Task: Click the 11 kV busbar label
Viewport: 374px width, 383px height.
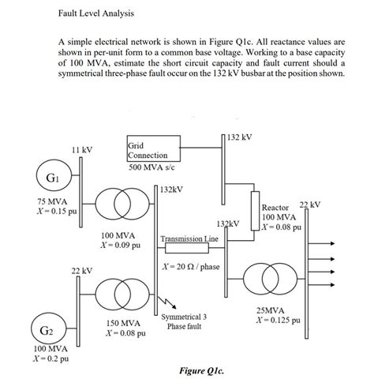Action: (82, 150)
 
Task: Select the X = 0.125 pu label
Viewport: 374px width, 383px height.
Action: (278, 321)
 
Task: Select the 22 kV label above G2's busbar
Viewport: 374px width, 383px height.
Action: (82, 271)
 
